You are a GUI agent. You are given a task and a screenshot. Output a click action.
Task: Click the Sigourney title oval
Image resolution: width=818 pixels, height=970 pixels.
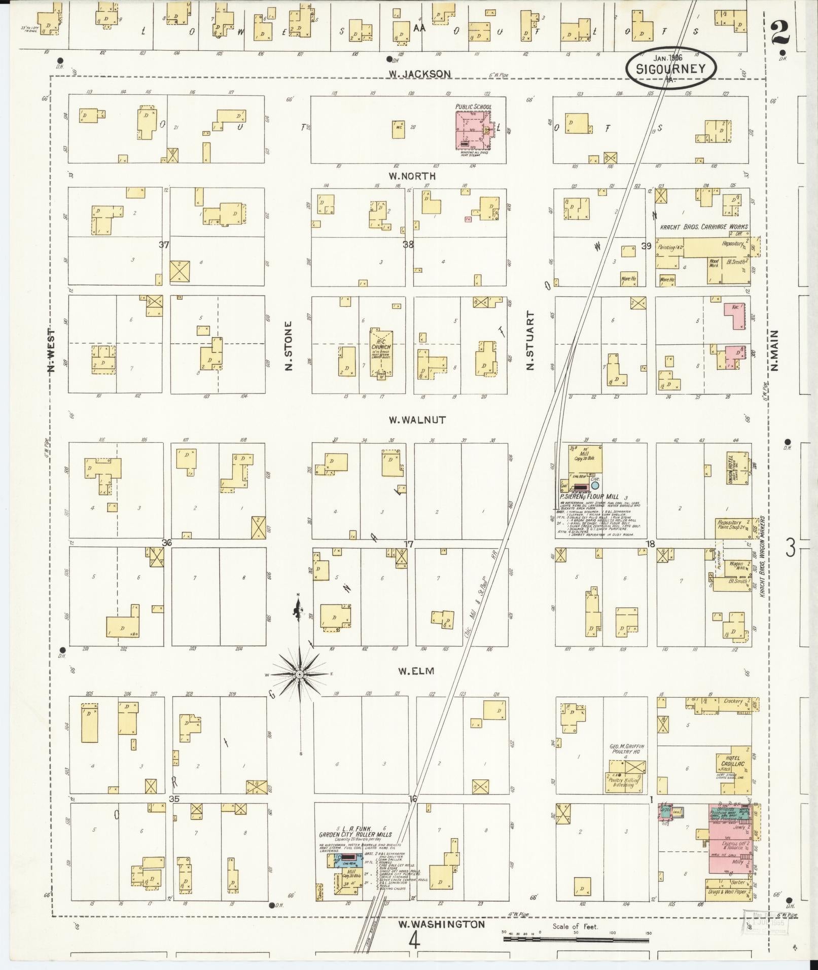[671, 69]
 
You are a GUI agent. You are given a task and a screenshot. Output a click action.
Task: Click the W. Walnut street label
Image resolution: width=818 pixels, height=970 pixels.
[417, 420]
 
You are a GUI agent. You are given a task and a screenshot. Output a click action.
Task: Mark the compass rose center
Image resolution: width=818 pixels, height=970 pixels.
[299, 674]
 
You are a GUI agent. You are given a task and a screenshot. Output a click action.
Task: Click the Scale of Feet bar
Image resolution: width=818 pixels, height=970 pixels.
[576, 939]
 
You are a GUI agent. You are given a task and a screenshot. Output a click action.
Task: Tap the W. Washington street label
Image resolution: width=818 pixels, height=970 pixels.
[441, 924]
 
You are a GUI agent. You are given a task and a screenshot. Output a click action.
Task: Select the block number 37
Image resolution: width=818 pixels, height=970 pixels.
[163, 245]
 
